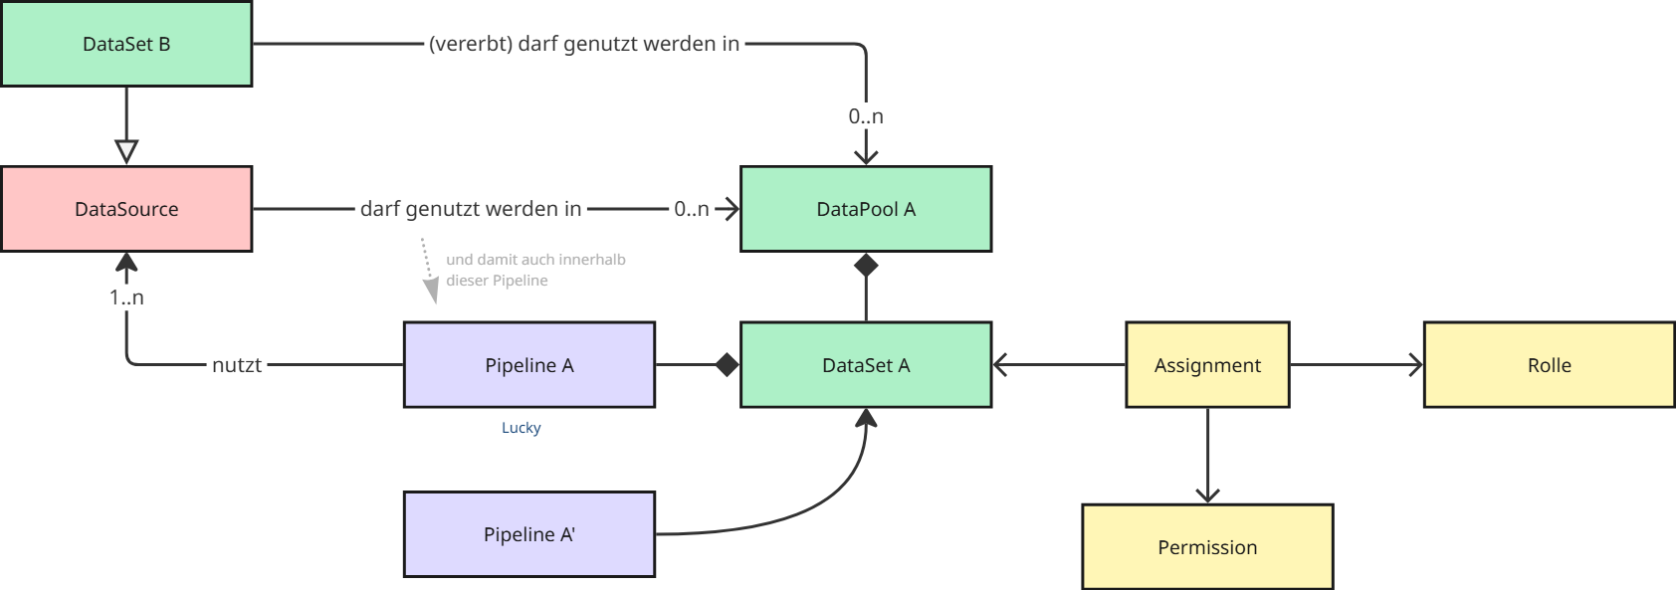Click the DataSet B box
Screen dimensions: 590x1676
(x=126, y=44)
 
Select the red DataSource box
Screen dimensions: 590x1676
(x=126, y=209)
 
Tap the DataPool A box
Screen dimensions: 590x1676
(x=866, y=209)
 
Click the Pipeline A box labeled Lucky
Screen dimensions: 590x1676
(x=528, y=365)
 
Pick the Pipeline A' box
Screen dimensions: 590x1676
(x=528, y=534)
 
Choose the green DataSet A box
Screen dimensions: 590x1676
(x=866, y=365)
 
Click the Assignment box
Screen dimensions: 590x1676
(x=1207, y=365)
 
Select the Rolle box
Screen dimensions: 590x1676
(x=1549, y=365)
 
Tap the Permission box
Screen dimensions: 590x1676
(x=1207, y=547)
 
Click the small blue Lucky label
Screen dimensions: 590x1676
(x=521, y=428)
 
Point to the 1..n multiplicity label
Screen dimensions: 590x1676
(x=126, y=297)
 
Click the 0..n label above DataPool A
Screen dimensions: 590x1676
(x=866, y=116)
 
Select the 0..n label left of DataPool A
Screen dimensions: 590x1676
(x=691, y=209)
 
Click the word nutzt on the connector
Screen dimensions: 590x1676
(x=237, y=365)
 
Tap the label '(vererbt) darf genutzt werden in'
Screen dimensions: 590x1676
(x=584, y=44)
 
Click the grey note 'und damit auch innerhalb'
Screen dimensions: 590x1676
(x=535, y=260)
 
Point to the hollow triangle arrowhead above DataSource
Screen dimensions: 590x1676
(x=126, y=151)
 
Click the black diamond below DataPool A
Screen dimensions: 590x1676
(x=866, y=266)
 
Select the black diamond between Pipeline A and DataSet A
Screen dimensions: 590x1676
(x=728, y=365)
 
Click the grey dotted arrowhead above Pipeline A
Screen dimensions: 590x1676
(x=431, y=291)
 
